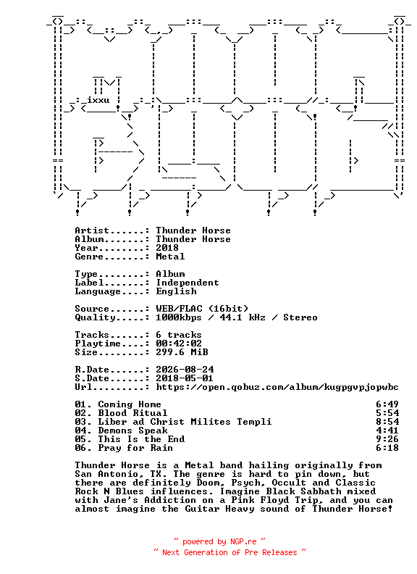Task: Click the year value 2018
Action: tap(167, 248)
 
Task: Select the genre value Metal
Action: tap(170, 257)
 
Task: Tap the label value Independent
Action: tap(188, 283)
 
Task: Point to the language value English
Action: tap(177, 291)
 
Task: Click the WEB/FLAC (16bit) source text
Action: tap(202, 309)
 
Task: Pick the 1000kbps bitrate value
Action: tap(179, 317)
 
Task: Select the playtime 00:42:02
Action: tap(179, 344)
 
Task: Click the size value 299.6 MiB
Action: tap(182, 352)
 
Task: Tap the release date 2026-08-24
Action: tap(185, 370)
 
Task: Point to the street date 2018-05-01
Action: tap(185, 378)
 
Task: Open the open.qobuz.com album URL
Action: tap(277, 387)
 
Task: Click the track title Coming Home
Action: tap(130, 404)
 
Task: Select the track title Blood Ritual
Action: tap(132, 413)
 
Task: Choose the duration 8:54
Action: tap(387, 422)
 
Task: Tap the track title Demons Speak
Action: tap(132, 431)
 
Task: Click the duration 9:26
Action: tap(387, 439)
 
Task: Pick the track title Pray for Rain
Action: tap(135, 448)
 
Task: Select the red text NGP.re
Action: tap(243, 542)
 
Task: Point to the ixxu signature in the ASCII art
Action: tap(98, 100)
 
